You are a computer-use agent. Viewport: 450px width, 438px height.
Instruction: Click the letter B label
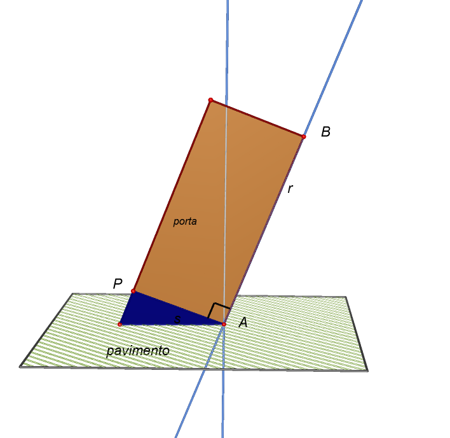coord(325,132)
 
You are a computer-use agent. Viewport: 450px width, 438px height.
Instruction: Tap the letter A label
coord(243,322)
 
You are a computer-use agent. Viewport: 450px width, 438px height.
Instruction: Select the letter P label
coord(118,284)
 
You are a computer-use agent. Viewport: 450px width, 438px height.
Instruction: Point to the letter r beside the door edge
coord(290,189)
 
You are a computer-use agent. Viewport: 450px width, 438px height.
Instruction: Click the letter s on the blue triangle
coord(177,319)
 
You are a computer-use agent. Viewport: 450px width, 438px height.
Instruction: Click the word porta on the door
coord(185,222)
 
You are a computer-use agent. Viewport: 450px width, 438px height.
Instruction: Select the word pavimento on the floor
coord(138,351)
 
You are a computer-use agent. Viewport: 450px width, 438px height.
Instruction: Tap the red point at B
coord(304,136)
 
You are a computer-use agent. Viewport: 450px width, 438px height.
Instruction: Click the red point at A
coord(224,325)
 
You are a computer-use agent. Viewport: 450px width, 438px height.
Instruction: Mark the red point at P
coord(133,291)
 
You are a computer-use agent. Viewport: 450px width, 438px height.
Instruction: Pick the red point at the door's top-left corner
coord(210,100)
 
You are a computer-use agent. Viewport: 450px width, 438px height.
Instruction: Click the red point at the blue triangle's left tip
coord(120,325)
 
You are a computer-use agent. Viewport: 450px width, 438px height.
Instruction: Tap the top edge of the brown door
coord(257,118)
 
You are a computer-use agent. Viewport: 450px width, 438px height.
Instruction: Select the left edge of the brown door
coord(172,195)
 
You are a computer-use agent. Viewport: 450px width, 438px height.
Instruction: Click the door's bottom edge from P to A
coord(179,307)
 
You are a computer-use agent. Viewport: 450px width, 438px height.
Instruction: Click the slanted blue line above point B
coord(333,68)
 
